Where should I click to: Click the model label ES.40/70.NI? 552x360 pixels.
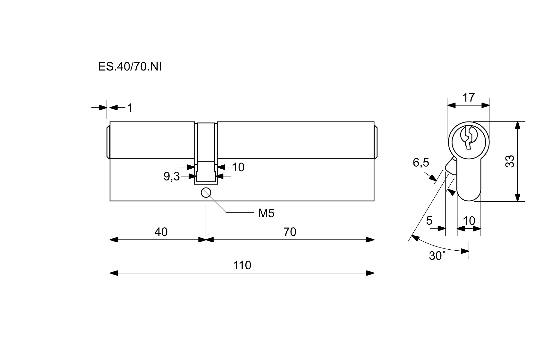coord(130,67)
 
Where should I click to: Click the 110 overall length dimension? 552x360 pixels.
coord(242,265)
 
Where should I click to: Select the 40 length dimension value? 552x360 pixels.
coord(161,232)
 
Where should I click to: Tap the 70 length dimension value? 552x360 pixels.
coord(290,232)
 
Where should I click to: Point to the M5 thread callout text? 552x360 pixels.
coord(266,213)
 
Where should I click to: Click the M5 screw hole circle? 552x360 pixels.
coord(206,193)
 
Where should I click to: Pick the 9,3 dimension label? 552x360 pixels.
coord(172,176)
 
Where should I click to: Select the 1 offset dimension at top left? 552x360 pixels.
coord(130,108)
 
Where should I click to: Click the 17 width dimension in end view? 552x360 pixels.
coord(468,97)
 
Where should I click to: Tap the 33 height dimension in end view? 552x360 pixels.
coord(510,161)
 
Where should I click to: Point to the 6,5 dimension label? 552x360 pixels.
coord(420,163)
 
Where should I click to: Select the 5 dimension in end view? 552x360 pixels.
coord(429,221)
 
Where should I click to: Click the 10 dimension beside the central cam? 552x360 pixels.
coord(238,167)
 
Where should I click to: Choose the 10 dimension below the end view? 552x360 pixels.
coord(469,221)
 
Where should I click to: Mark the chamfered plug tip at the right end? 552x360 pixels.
coord(376,142)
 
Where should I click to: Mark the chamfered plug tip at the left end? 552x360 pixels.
coord(108,142)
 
